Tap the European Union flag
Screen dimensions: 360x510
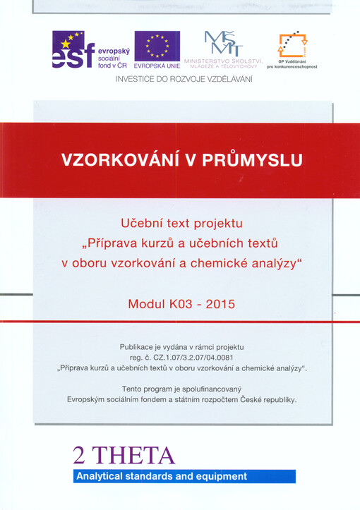[157, 46]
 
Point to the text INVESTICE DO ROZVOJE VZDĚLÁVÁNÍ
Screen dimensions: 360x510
[184, 79]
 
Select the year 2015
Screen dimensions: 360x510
[220, 305]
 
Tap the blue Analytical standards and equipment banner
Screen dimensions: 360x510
[184, 476]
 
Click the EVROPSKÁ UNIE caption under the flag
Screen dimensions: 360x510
[157, 66]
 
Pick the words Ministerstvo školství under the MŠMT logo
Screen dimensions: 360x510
[224, 61]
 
